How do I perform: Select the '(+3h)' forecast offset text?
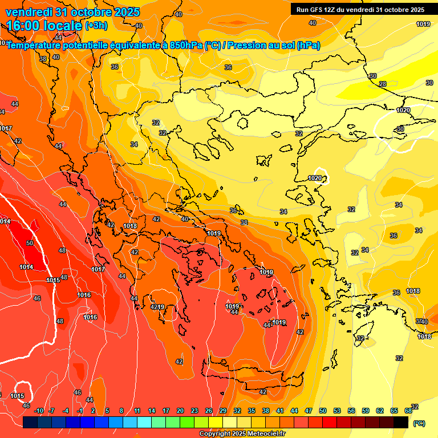96,26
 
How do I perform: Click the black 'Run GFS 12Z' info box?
360,9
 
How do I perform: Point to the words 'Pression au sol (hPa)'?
274,45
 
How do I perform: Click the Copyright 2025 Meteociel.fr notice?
242,433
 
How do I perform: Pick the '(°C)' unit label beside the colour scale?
419,423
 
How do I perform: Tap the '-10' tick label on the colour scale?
39,411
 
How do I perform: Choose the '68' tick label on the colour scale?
408,411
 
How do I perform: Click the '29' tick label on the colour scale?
223,411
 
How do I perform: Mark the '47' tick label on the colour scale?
309,411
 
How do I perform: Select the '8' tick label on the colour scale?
121,411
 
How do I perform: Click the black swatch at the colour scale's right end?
401,422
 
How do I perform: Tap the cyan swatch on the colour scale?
144,422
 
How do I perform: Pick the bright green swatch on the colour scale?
187,422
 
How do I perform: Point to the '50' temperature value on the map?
30,243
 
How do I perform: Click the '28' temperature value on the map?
383,84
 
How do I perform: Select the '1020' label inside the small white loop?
315,178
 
